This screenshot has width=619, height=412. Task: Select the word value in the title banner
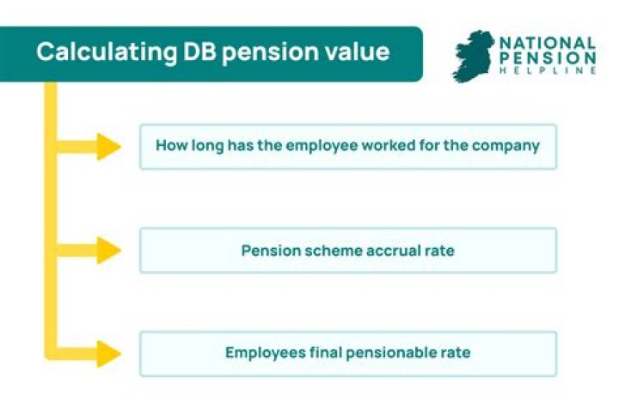point(354,51)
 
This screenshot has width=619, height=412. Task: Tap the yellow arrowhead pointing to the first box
point(108,147)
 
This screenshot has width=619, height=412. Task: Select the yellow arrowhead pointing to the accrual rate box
point(108,251)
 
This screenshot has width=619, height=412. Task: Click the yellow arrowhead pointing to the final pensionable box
point(108,353)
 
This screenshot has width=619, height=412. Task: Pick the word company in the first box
point(509,146)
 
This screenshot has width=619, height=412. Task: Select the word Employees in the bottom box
point(262,353)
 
